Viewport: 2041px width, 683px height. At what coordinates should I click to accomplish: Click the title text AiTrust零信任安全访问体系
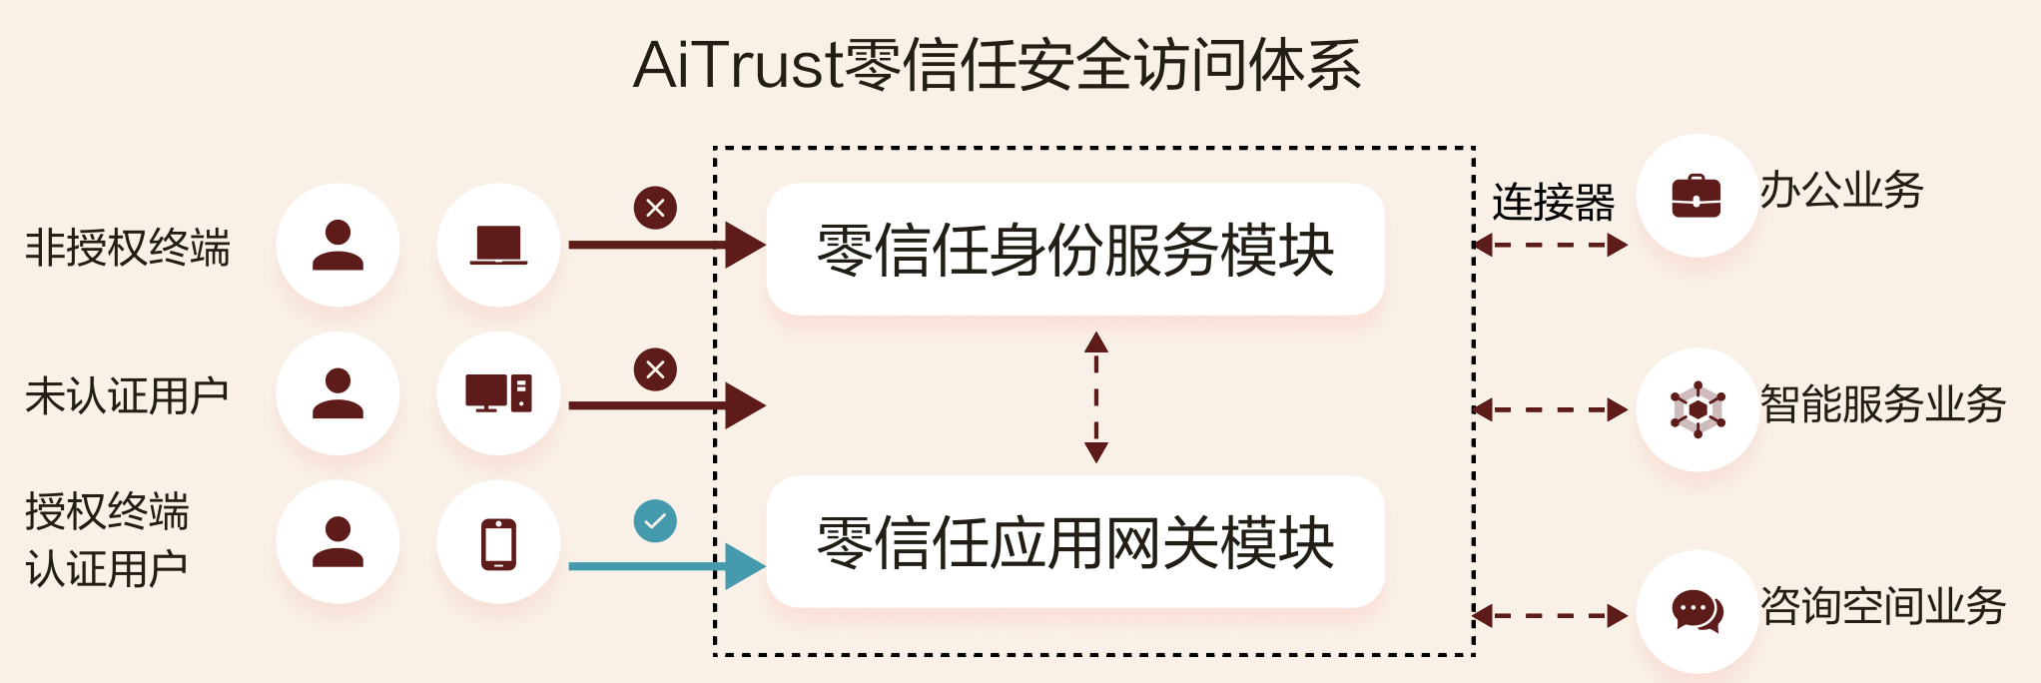(x=998, y=66)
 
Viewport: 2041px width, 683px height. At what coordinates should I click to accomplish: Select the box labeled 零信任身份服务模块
(x=1074, y=249)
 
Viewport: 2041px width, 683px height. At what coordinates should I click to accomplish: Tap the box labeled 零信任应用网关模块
(x=1074, y=542)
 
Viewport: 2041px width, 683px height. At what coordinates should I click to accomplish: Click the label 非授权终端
(x=128, y=248)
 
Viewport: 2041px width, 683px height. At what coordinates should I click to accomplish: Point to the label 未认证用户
(x=127, y=396)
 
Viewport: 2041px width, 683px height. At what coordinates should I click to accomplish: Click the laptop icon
(x=498, y=246)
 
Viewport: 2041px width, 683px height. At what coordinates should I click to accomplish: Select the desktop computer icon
(x=498, y=393)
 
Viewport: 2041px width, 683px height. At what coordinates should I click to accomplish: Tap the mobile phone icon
(x=498, y=544)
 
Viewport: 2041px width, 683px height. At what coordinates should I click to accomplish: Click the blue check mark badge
(x=655, y=520)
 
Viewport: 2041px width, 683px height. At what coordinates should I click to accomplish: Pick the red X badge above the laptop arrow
(x=655, y=208)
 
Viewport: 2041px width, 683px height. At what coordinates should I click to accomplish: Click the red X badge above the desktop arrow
(x=655, y=369)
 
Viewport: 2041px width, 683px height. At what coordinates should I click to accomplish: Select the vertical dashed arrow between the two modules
(x=1096, y=396)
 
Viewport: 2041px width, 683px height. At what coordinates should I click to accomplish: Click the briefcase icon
(x=1697, y=196)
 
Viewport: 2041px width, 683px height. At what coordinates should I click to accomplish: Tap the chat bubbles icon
(x=1697, y=610)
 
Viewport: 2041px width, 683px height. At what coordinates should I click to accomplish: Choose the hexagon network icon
(x=1698, y=409)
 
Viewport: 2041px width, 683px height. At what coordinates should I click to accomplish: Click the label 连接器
(x=1553, y=203)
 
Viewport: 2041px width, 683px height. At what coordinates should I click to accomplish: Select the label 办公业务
(x=1840, y=190)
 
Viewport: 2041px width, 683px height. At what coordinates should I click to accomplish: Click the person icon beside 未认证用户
(x=338, y=393)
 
